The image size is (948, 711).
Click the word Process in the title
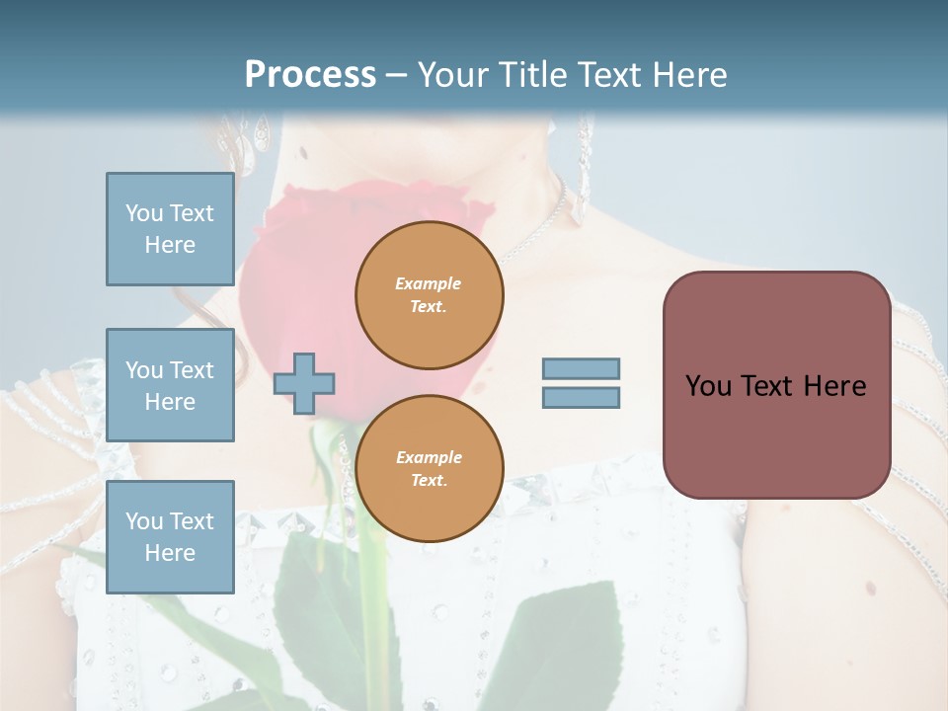tap(310, 75)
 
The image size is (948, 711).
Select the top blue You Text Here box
tap(170, 229)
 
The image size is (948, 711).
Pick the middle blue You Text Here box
tap(170, 385)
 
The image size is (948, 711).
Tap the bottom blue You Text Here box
tap(170, 536)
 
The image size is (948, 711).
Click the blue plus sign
tap(304, 383)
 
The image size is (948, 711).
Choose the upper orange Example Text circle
tap(430, 295)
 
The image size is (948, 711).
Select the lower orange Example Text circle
tap(430, 469)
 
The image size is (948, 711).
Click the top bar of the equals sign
tap(582, 368)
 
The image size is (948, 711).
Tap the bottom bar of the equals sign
tap(582, 398)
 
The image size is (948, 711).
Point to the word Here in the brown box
tap(834, 386)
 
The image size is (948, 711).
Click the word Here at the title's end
tap(691, 75)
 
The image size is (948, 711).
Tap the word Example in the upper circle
tap(429, 283)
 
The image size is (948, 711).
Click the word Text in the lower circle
tap(428, 481)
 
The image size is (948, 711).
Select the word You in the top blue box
tap(144, 213)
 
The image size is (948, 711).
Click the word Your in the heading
tap(453, 75)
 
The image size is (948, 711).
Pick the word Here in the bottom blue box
tap(170, 553)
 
